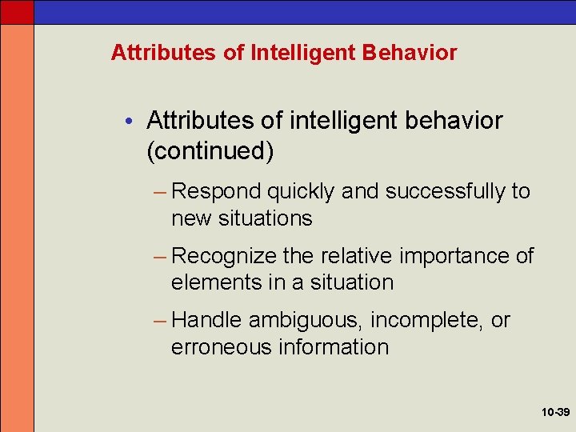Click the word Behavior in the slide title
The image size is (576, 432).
409,54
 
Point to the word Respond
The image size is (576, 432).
216,192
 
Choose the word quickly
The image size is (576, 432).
302,192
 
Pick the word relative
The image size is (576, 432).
357,256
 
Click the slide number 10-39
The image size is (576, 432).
554,413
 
